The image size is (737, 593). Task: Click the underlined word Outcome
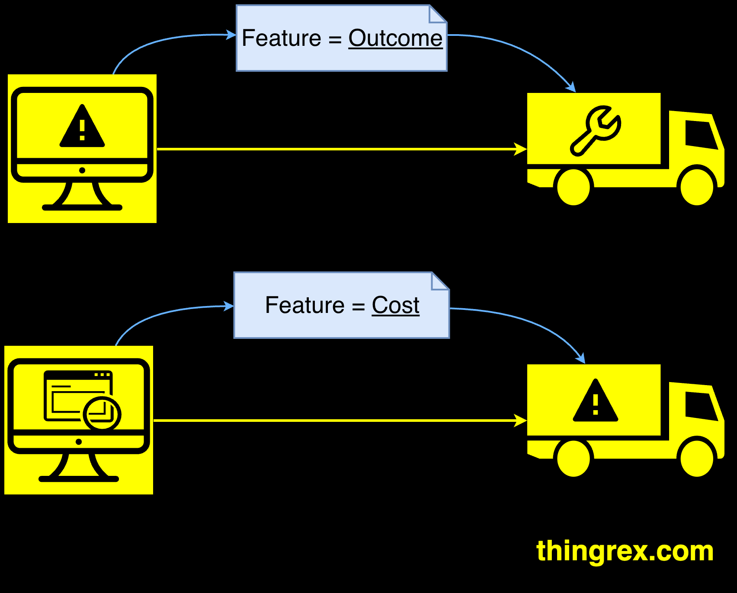click(395, 38)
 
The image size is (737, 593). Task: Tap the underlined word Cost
click(395, 305)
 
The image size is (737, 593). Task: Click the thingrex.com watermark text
click(625, 551)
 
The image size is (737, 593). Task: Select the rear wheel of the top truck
click(574, 187)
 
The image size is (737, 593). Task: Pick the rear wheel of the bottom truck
click(574, 458)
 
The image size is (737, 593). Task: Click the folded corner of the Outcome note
click(437, 14)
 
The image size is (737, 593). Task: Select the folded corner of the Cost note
click(439, 281)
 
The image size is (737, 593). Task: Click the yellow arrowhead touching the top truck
click(521, 149)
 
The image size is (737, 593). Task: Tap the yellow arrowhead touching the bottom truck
click(521, 420)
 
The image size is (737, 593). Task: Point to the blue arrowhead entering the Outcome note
click(231, 35)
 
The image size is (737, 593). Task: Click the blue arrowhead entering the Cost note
click(228, 306)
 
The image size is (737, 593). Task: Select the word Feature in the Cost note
click(304, 305)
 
